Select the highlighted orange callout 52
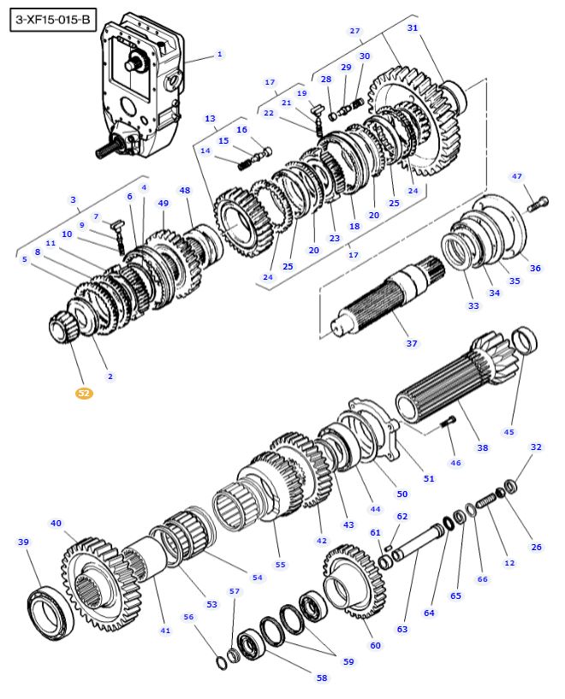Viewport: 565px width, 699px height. pos(83,393)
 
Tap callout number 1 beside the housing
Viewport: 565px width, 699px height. pos(219,54)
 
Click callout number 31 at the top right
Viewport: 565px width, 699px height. pos(413,28)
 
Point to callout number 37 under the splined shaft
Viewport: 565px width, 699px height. pos(412,344)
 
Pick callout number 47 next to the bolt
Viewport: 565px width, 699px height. pos(516,176)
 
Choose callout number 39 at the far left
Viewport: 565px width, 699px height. pos(23,542)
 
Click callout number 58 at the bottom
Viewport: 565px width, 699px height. pos(321,678)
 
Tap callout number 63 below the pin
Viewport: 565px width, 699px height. pos(402,629)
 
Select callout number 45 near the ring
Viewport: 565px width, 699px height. pos(509,432)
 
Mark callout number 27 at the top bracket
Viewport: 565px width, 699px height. pos(355,31)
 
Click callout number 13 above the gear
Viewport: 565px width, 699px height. pos(210,118)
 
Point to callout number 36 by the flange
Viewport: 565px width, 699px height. pos(535,268)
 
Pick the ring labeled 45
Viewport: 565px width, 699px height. pos(524,341)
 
